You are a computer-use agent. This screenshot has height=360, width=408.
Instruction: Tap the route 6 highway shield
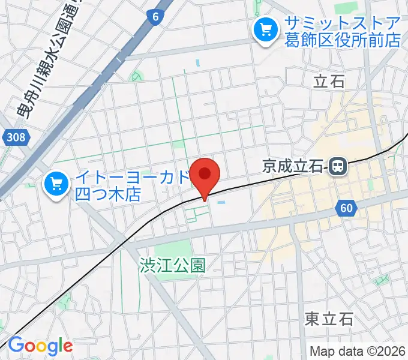155,18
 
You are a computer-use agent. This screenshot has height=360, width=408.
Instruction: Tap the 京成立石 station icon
339,166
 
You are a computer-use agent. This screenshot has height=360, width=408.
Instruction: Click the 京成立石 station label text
293,166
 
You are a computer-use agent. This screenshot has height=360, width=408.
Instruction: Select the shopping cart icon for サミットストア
264,28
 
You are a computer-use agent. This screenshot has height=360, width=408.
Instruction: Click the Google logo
40,346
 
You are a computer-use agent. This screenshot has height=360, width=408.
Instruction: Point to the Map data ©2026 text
358,351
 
